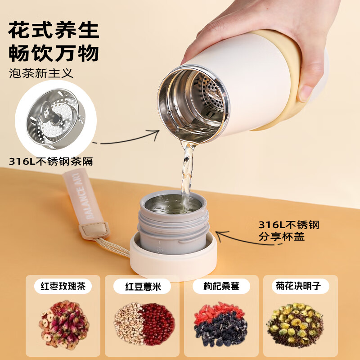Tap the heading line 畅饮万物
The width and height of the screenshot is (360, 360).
click(54, 53)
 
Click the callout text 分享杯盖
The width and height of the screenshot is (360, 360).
click(282, 236)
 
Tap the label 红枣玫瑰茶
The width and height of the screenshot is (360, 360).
click(63, 286)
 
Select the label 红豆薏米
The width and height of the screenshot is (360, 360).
click(142, 286)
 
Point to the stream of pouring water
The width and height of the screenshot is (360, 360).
click(187, 171)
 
